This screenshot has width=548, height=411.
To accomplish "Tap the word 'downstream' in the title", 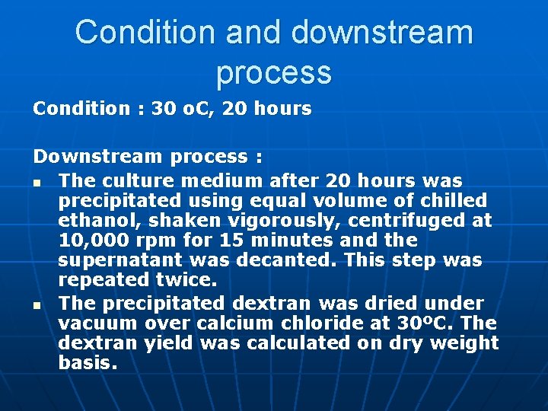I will [382, 33].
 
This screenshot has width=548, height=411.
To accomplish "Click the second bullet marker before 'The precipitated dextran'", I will [37, 304].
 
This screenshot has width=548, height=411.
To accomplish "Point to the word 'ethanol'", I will [93, 221].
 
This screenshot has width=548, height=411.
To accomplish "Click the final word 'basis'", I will [87, 363].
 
